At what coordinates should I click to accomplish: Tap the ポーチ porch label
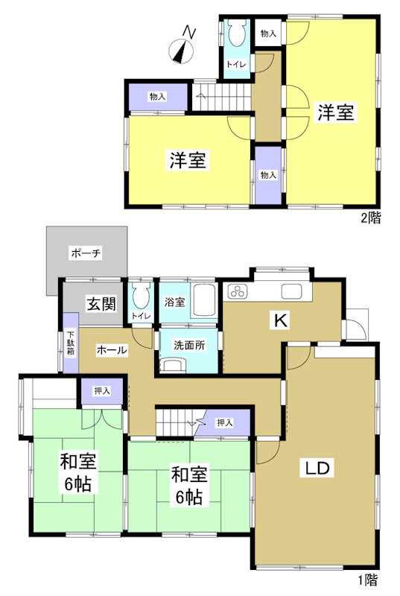pos(86,253)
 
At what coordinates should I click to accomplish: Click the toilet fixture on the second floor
pos(238,33)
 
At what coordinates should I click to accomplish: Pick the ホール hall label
pos(112,349)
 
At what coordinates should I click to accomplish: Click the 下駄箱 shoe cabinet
pos(71,350)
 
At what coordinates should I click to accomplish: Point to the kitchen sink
pos(291,291)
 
